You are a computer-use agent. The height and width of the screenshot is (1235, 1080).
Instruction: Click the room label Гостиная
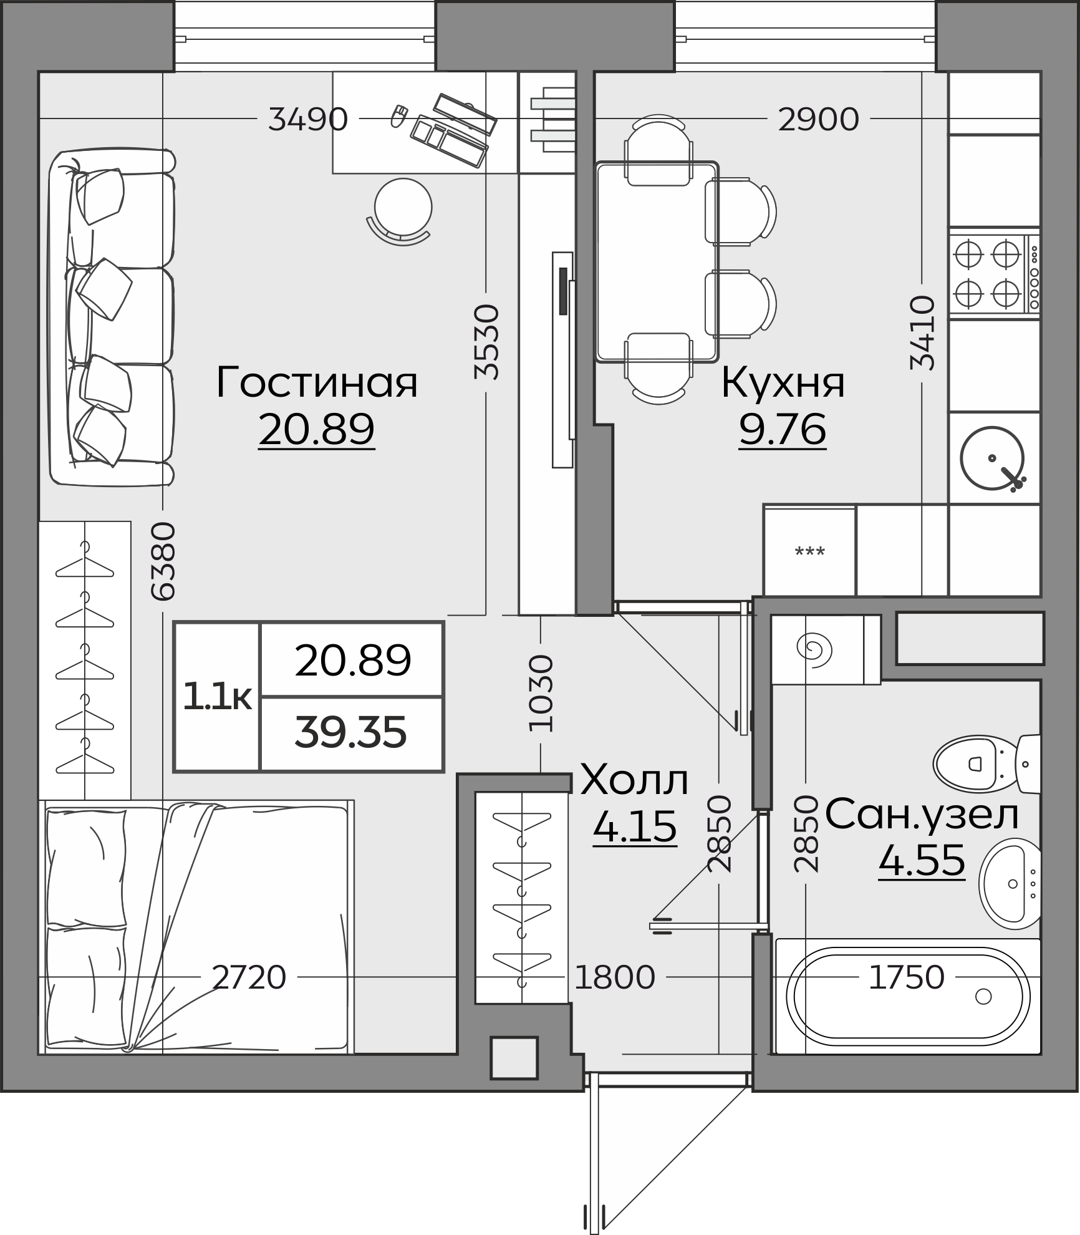[317, 382]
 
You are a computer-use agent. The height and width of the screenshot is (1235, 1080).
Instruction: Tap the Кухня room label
[783, 382]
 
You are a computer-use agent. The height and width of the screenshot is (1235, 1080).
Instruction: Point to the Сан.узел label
[922, 814]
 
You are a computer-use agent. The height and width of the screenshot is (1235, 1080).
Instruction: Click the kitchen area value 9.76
[783, 429]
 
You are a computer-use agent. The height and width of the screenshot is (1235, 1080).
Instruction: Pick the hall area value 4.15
[635, 827]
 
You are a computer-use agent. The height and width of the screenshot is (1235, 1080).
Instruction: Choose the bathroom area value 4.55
[922, 861]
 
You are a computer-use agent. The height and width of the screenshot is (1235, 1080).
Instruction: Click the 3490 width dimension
[308, 119]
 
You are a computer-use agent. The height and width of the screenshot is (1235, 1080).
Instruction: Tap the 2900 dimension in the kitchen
[818, 119]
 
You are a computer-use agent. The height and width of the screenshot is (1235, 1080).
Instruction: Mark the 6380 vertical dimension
[163, 561]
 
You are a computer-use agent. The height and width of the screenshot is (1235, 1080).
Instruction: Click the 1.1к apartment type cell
[217, 697]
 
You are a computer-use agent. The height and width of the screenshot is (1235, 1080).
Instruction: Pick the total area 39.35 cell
[351, 734]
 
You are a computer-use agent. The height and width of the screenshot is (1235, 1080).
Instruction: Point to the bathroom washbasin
[1010, 884]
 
